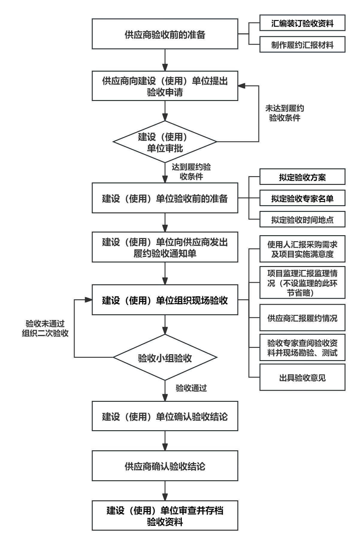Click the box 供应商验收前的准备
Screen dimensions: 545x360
click(165, 34)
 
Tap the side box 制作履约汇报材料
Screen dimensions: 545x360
click(302, 45)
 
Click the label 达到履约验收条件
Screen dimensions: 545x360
click(191, 172)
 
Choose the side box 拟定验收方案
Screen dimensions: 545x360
click(302, 177)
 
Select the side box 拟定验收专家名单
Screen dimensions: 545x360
click(302, 198)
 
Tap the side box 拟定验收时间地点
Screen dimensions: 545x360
click(302, 220)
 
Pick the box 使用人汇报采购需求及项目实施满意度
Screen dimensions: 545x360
click(302, 249)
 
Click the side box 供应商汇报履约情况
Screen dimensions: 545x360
click(302, 318)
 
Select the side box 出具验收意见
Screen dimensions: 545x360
click(302, 378)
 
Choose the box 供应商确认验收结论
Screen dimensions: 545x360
click(165, 466)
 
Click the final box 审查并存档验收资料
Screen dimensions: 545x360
click(165, 515)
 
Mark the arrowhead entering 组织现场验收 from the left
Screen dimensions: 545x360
click(88, 300)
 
